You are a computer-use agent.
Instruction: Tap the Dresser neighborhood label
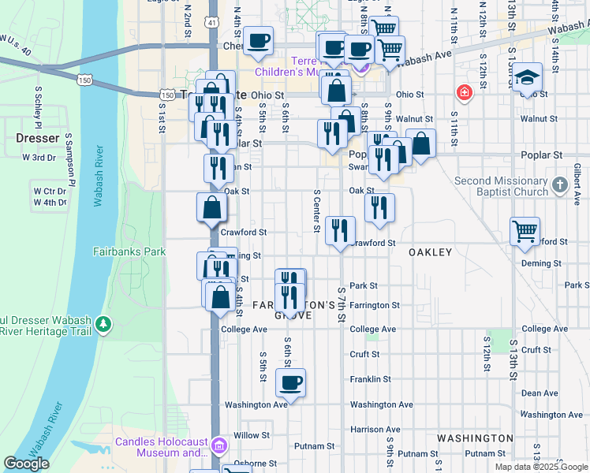click(x=37, y=138)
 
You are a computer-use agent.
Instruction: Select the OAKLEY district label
click(x=430, y=252)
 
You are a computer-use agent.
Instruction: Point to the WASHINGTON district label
click(x=475, y=438)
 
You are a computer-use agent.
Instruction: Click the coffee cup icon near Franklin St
click(x=290, y=383)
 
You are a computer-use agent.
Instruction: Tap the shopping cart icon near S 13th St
click(x=525, y=232)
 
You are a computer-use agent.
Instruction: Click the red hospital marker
click(x=465, y=93)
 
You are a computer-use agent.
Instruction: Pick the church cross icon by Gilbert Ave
click(x=559, y=185)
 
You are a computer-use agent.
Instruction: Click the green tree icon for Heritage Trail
click(x=102, y=324)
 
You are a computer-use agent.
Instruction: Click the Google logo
click(x=26, y=464)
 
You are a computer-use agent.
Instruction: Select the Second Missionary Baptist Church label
click(x=501, y=186)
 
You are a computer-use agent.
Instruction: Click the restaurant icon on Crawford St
click(x=341, y=230)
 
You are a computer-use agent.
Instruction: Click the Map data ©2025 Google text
click(x=540, y=467)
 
